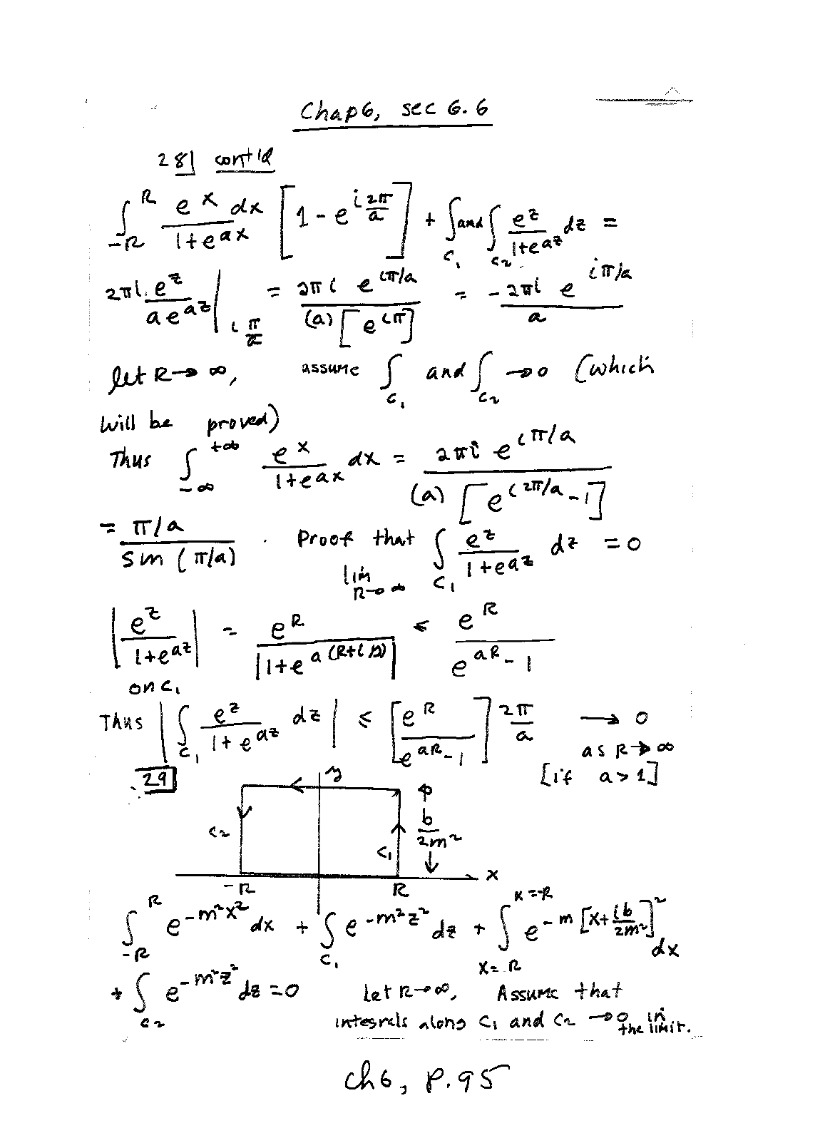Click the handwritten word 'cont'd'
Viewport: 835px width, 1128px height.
tap(243, 160)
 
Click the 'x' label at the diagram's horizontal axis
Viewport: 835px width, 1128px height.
tap(492, 874)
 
